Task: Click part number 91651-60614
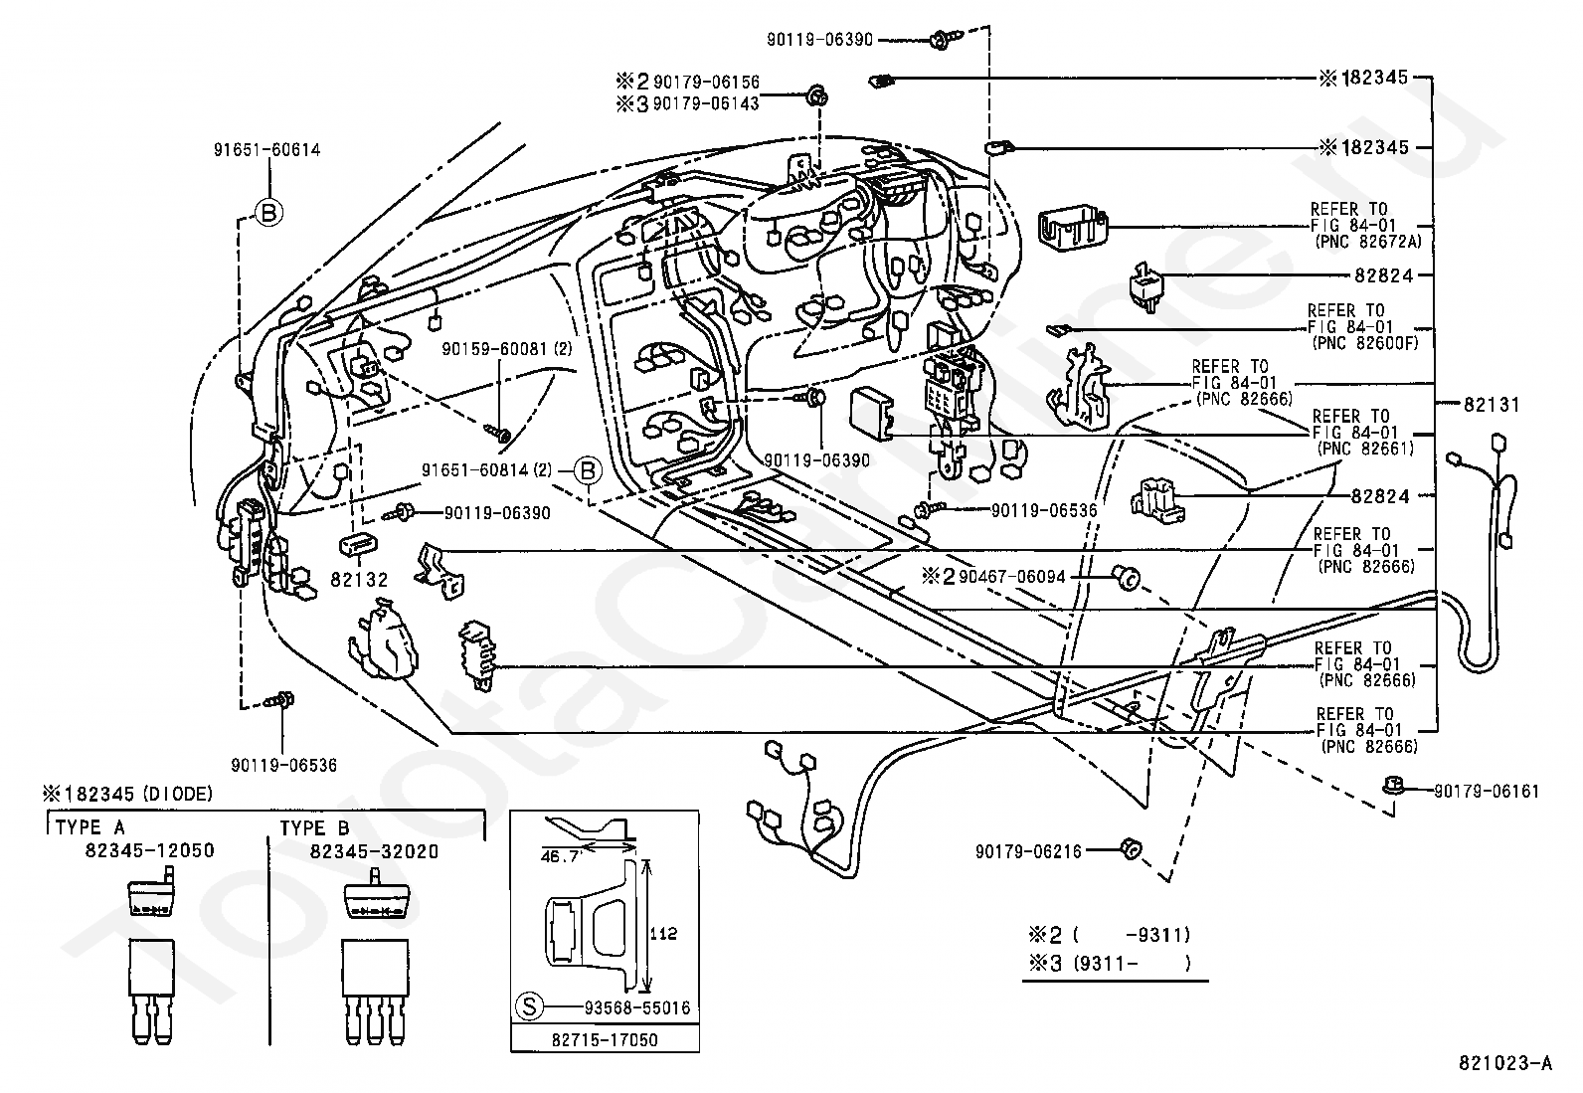tap(266, 150)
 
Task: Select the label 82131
tap(1492, 405)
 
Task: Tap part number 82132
tap(359, 580)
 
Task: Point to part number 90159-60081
tap(494, 349)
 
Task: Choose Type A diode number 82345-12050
tap(150, 849)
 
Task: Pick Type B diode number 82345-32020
tap(374, 851)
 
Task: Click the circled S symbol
tap(529, 1006)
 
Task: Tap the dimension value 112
tap(663, 934)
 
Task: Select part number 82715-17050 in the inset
tap(605, 1040)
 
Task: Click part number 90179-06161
tap(1487, 791)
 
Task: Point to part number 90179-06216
tap(1028, 851)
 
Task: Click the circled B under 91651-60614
tap(268, 212)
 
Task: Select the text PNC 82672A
tap(1368, 242)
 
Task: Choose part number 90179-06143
tap(705, 103)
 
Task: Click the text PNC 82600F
tap(1364, 343)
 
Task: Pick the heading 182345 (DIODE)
tap(128, 794)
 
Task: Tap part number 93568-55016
tap(636, 1007)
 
